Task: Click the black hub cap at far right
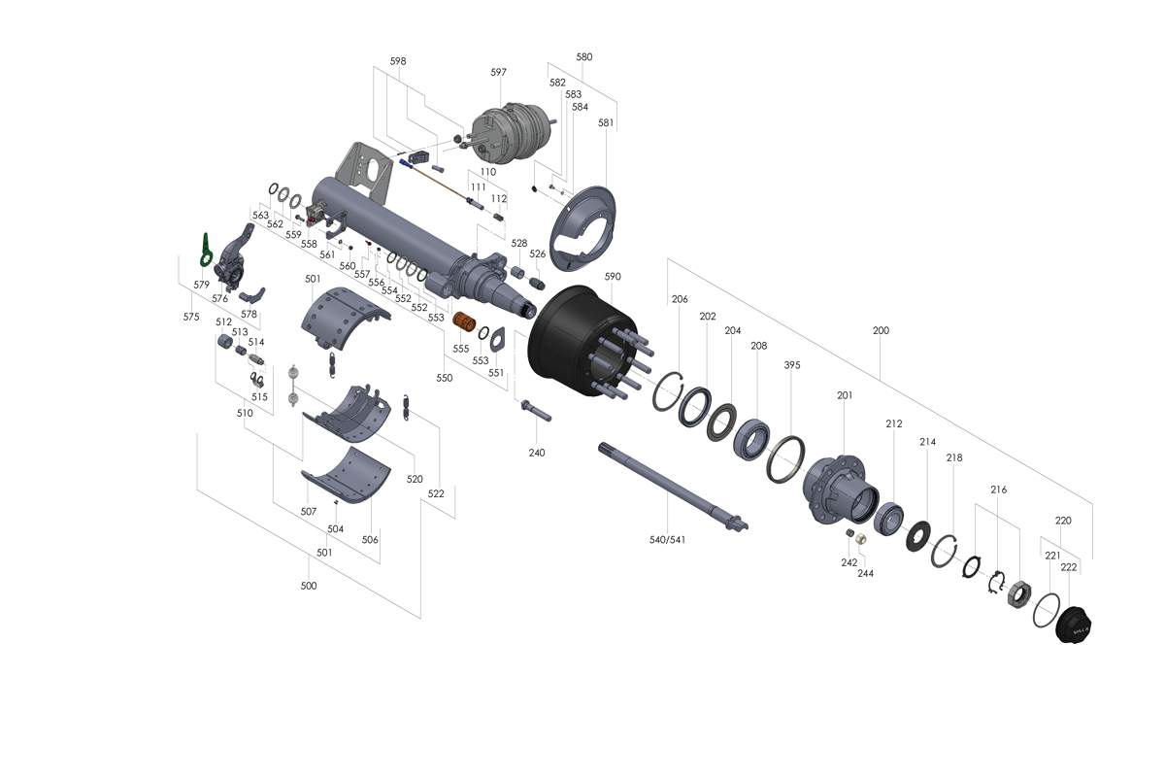(1076, 624)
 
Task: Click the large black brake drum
(573, 335)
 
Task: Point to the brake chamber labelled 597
(506, 133)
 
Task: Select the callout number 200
(881, 330)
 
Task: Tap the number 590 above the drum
(613, 277)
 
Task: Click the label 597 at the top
(498, 72)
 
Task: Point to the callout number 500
(309, 586)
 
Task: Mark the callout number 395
(792, 365)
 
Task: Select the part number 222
(1069, 566)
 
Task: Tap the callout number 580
(583, 57)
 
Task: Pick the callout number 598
(398, 60)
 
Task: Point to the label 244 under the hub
(865, 573)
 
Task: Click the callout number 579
(201, 285)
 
